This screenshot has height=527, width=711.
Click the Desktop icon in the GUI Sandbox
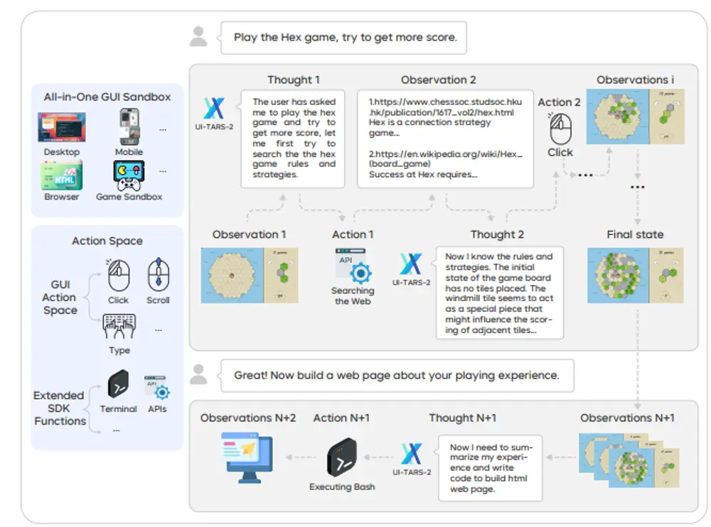[x=61, y=128]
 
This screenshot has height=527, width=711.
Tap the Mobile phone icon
[x=129, y=128]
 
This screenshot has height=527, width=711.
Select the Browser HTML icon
[x=61, y=175]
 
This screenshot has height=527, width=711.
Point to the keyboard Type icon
[x=119, y=327]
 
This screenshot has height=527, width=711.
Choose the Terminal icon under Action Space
[x=118, y=385]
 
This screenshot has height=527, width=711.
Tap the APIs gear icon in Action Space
[x=156, y=387]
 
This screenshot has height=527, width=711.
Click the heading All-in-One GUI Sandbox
[x=107, y=97]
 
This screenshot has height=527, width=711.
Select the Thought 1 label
[x=293, y=80]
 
